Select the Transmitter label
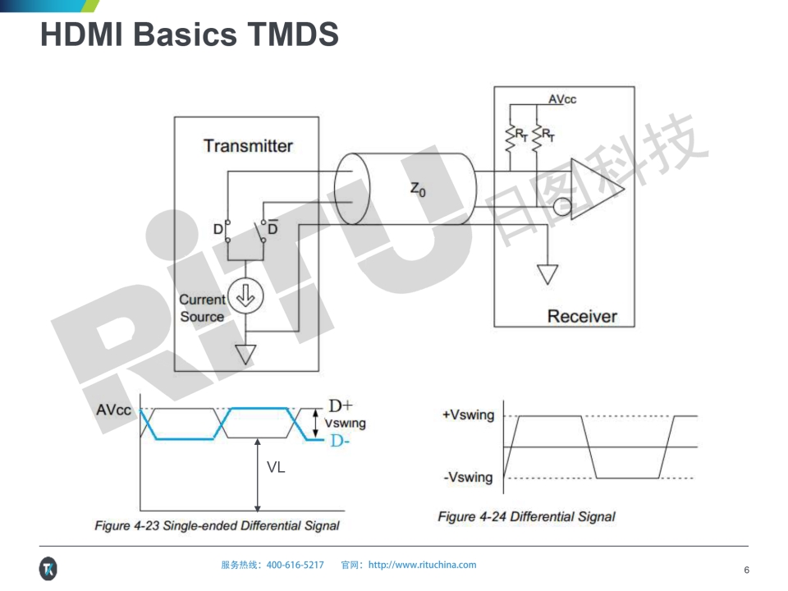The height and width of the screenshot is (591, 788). pyautogui.click(x=248, y=146)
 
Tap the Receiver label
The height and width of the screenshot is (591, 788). pyautogui.click(x=581, y=316)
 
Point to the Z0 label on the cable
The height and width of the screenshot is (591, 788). pyautogui.click(x=418, y=190)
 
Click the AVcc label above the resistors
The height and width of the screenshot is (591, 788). pyautogui.click(x=562, y=99)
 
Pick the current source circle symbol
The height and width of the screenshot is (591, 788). pyautogui.click(x=244, y=300)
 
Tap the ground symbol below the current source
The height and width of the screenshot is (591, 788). pyautogui.click(x=245, y=355)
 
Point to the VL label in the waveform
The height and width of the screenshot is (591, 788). pyautogui.click(x=276, y=467)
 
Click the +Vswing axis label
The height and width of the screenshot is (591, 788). pyautogui.click(x=469, y=415)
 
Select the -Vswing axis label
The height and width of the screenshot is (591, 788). pyautogui.click(x=468, y=477)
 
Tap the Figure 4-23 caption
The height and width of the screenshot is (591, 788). pyautogui.click(x=217, y=525)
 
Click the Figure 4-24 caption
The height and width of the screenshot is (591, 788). pyautogui.click(x=526, y=516)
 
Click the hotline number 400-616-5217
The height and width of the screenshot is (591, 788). pyautogui.click(x=295, y=565)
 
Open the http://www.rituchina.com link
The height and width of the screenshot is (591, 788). pyautogui.click(x=422, y=565)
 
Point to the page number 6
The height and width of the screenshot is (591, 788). pyautogui.click(x=746, y=570)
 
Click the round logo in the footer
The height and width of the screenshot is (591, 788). pyautogui.click(x=48, y=568)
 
